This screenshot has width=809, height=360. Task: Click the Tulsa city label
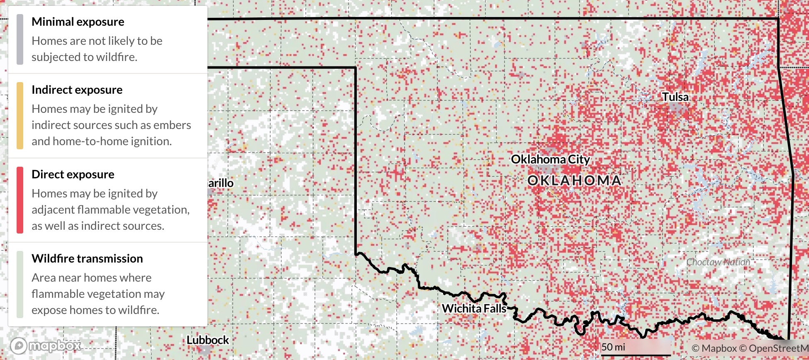coord(675,97)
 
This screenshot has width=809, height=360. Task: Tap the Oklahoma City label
coord(550,159)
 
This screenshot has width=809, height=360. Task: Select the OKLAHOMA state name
coord(575,180)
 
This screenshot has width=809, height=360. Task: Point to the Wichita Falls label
coord(474,309)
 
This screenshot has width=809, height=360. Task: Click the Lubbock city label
coord(207,340)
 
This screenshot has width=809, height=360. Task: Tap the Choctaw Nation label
coord(718,262)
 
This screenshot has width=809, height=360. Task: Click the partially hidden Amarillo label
coord(220,183)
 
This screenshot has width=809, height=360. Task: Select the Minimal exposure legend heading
coord(78,22)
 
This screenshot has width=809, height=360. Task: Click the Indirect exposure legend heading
coord(77,90)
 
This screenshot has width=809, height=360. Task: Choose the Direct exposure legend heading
coord(73,174)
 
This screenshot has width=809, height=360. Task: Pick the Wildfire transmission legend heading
coord(87,258)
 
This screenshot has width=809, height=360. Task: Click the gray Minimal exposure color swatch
coord(20,39)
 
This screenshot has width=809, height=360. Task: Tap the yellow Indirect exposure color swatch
coord(20,116)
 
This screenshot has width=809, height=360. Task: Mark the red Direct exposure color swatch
coord(20,200)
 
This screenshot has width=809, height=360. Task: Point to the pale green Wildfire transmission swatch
coord(20,285)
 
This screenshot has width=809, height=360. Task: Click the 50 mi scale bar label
coord(613,347)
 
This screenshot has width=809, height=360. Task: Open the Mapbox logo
coord(46,345)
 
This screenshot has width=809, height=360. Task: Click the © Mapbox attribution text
coord(714,348)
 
